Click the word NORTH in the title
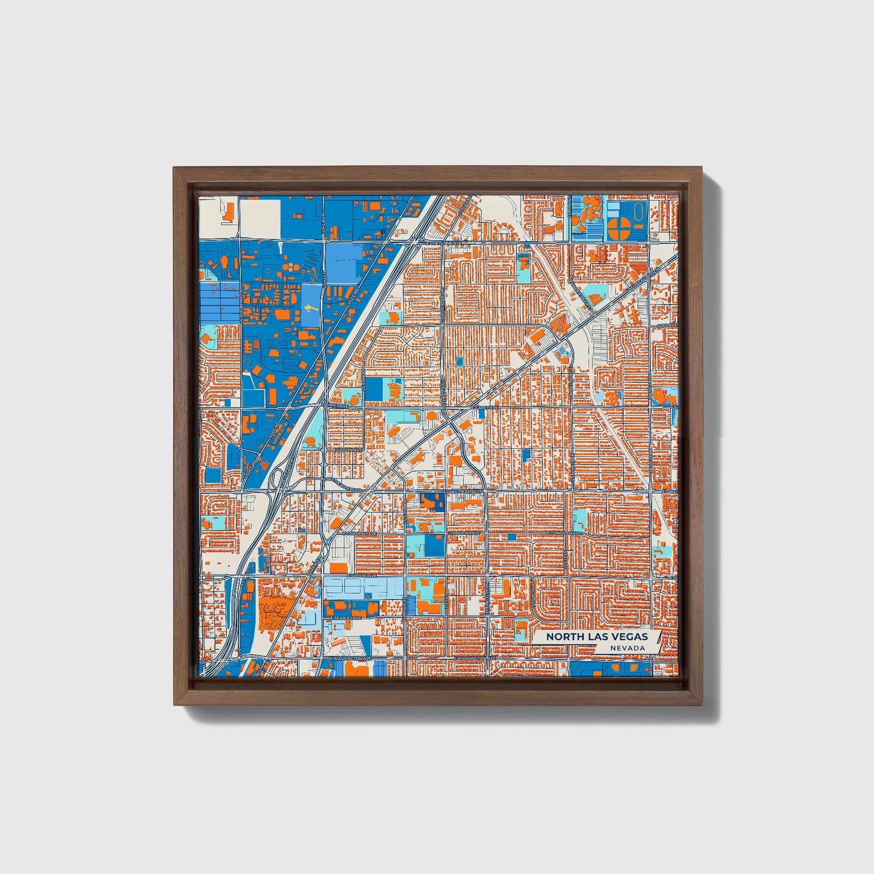[561, 637]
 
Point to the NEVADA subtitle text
[627, 648]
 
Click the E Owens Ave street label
[362, 576]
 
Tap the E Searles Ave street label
[346, 618]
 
